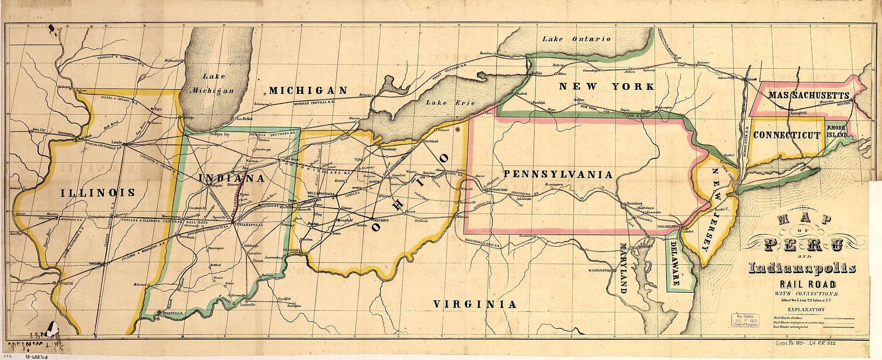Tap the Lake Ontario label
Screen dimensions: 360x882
pos(576,39)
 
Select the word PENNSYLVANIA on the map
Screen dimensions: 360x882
pos(558,174)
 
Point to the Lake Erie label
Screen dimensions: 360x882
pos(450,103)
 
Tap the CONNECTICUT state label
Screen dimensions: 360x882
pos(787,135)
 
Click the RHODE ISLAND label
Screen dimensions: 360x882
pos(837,131)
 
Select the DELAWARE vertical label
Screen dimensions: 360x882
pos(675,264)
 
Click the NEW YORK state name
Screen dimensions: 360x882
pos(606,87)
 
